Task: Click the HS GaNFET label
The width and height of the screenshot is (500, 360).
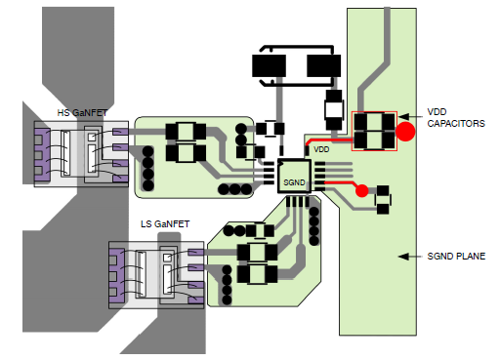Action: point(82,113)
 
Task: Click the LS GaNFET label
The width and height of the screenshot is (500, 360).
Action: point(165,224)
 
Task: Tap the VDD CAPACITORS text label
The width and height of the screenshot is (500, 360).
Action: point(456,118)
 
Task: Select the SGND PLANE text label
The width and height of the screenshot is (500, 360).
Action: point(456,257)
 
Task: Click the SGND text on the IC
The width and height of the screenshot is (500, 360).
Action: point(294,182)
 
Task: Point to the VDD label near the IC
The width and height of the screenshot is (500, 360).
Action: point(321,149)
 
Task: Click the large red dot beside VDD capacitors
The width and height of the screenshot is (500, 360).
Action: point(405,132)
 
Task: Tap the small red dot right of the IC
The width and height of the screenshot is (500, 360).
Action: point(361,190)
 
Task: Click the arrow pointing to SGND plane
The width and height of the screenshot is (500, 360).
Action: point(410,257)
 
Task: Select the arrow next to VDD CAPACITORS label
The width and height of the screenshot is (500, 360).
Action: point(410,116)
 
